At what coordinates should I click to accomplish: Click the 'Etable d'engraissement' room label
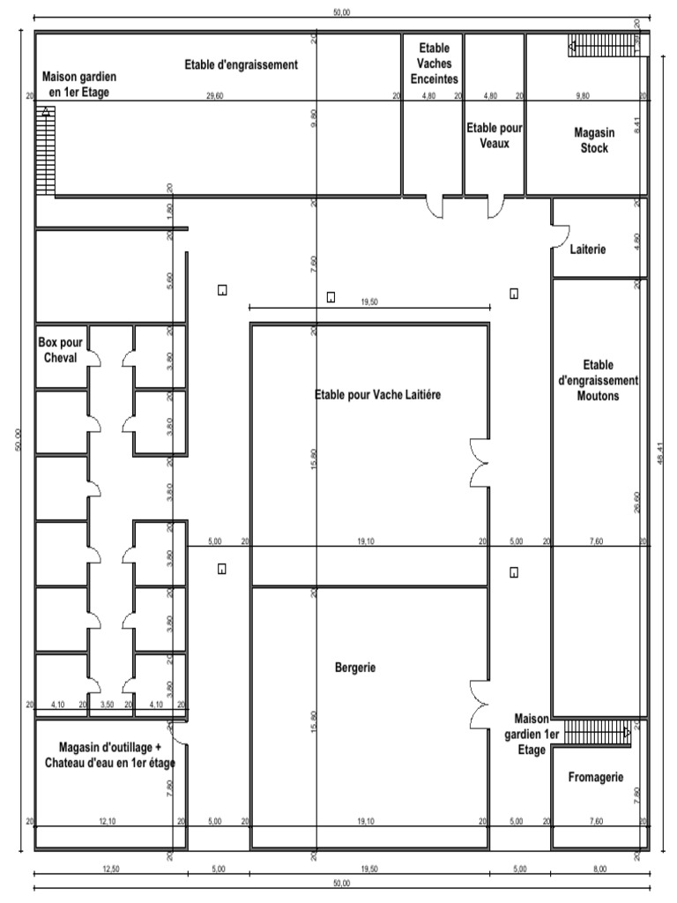(x=241, y=64)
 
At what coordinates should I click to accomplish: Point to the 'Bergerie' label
(x=355, y=668)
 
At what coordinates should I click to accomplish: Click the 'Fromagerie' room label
(x=596, y=777)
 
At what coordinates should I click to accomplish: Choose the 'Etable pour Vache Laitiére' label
(x=377, y=395)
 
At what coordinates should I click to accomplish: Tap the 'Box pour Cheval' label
(x=57, y=349)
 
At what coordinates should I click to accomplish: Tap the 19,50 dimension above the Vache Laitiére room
(x=369, y=301)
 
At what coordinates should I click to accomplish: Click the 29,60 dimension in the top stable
(x=214, y=95)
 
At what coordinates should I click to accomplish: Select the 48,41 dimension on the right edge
(x=660, y=459)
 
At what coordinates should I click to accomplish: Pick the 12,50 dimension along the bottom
(x=110, y=869)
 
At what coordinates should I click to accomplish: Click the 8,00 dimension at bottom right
(x=599, y=869)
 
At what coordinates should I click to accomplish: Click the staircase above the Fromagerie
(x=597, y=731)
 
